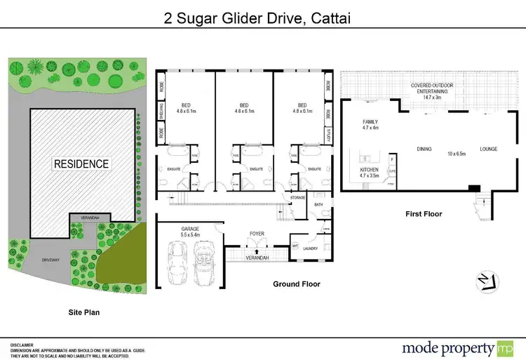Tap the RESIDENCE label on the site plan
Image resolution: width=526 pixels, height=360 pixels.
(82, 164)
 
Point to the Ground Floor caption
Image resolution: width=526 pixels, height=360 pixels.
(297, 284)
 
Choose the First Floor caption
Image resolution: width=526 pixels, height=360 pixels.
(424, 213)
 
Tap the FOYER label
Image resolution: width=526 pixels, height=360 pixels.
(257, 233)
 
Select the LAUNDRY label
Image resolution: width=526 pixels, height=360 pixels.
(311, 248)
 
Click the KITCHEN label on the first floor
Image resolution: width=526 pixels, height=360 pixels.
(369, 170)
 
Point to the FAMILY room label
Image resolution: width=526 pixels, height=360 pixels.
(370, 121)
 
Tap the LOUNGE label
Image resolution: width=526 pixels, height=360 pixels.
(488, 149)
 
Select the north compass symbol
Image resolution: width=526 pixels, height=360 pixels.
(483, 280)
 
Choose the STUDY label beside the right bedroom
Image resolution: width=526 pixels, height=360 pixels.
(328, 133)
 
